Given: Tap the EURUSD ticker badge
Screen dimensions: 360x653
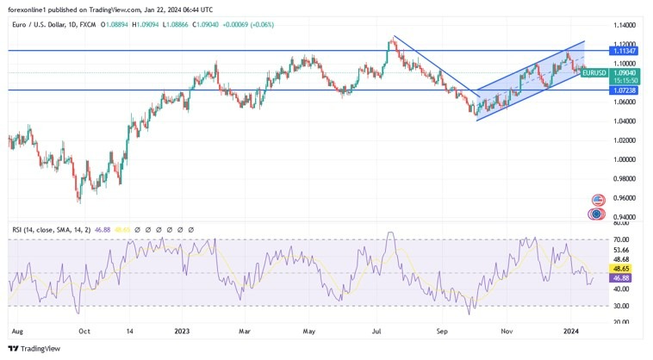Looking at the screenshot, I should click(x=594, y=73).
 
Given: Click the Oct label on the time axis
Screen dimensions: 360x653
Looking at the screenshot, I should click(x=84, y=330).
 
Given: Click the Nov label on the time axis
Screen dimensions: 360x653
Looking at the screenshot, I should click(x=507, y=330).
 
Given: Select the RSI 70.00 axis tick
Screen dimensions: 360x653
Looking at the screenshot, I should click(x=620, y=239).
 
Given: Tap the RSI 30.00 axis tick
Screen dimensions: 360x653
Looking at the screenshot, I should click(x=620, y=306).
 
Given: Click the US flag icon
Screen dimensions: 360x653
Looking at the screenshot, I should click(x=595, y=199).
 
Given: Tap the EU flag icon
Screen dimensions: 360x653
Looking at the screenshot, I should click(x=595, y=214).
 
